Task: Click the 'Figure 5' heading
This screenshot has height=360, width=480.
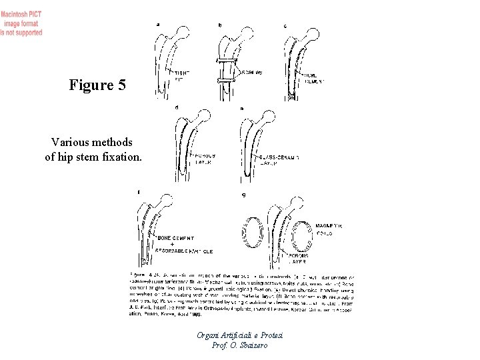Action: (95, 85)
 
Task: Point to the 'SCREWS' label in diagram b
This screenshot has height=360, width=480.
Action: (249, 71)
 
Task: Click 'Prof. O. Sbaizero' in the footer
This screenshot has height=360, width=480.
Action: (240, 345)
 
